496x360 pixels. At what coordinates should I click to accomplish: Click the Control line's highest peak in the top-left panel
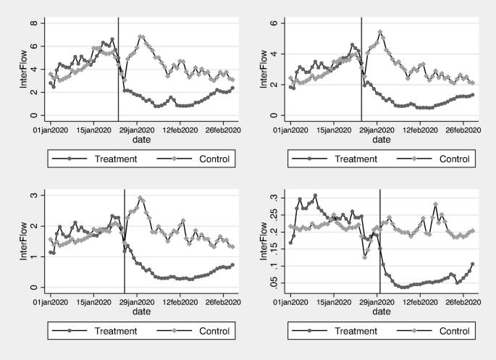pyautogui.click(x=141, y=36)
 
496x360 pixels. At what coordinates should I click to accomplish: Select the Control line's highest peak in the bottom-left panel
pyautogui.click(x=141, y=198)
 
